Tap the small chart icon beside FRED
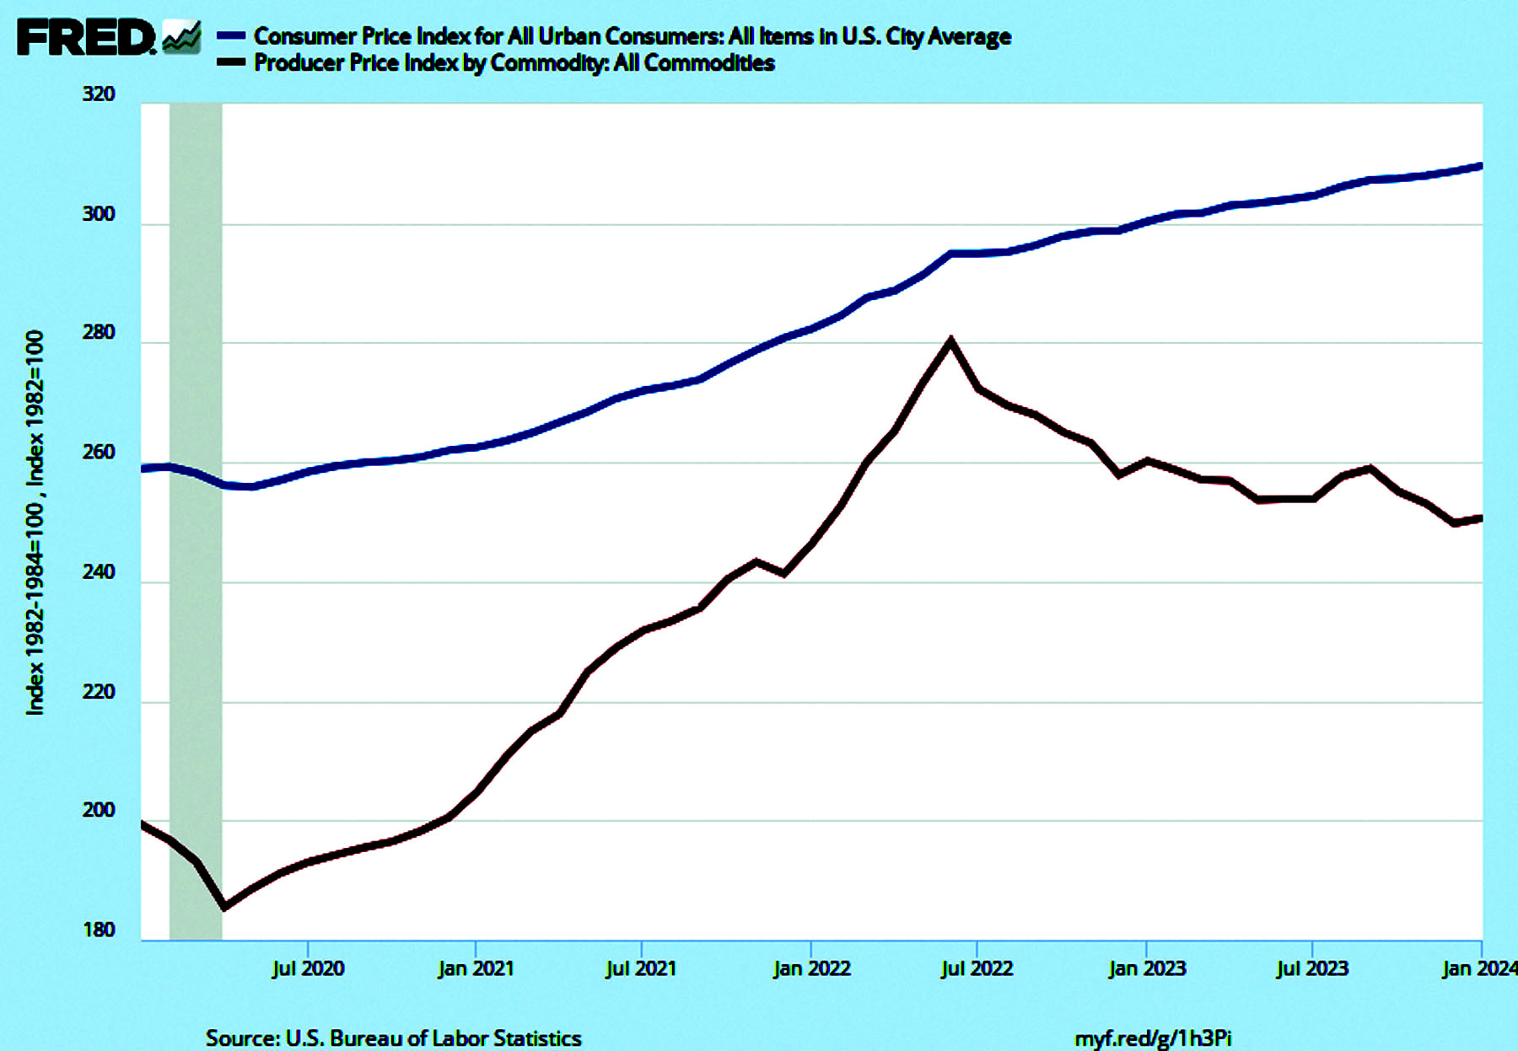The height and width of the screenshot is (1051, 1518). coord(181,37)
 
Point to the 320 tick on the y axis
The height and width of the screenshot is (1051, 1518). coord(99,94)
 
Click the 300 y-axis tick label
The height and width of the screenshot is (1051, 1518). coord(99,214)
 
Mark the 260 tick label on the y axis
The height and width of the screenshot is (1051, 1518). coord(99,453)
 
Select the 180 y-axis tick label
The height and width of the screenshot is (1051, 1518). coord(99,930)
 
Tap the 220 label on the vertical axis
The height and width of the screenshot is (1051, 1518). coord(99,692)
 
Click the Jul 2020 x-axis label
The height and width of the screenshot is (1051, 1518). coord(308,968)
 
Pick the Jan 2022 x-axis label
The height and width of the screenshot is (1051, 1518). coord(811,968)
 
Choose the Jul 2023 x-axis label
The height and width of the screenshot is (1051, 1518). coord(1312,968)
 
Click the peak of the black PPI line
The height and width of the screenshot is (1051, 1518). coord(950,341)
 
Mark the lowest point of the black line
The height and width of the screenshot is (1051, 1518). coord(224,907)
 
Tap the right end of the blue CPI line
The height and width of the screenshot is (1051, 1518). coord(1479,167)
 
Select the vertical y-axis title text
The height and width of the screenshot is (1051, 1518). coord(35,523)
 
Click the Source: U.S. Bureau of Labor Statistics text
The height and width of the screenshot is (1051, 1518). coord(393,1038)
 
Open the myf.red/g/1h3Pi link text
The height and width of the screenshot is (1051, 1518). coord(1153,1038)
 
